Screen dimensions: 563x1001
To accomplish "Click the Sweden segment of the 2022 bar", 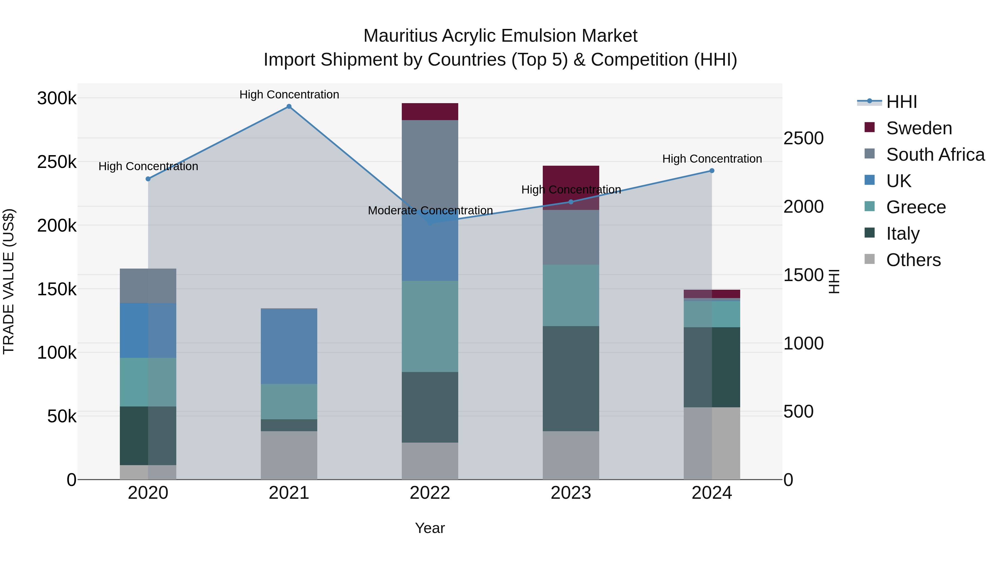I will click(x=430, y=111).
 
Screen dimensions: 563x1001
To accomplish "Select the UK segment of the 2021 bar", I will click(x=289, y=346).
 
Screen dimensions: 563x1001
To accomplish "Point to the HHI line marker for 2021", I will click(x=289, y=106).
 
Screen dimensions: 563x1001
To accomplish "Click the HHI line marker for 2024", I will click(x=712, y=171).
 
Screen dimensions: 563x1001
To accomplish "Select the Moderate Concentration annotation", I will click(x=430, y=210).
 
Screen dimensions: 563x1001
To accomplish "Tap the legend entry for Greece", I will click(x=916, y=207).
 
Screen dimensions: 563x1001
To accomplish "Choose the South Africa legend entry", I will click(x=935, y=155).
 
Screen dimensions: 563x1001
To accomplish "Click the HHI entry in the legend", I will click(x=901, y=102).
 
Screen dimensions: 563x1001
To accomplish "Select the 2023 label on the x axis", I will click(x=571, y=493).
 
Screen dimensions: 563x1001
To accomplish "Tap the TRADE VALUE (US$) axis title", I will click(x=9, y=281).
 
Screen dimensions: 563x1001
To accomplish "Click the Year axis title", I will click(x=430, y=528).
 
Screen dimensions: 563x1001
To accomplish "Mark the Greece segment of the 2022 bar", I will click(x=430, y=326).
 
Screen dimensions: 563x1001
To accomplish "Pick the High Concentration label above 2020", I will click(x=148, y=166).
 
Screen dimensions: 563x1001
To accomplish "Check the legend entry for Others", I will click(x=913, y=260).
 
